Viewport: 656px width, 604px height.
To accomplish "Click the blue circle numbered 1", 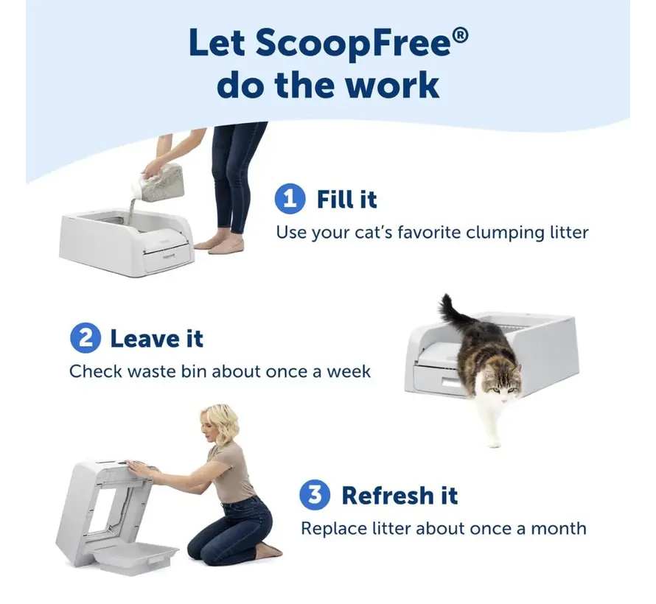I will point(290,200).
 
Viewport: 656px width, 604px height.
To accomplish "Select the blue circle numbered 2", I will point(85,339).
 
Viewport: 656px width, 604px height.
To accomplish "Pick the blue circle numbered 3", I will point(315,496).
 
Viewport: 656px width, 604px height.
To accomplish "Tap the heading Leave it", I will point(156,339).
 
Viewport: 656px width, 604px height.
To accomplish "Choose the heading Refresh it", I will point(399,496).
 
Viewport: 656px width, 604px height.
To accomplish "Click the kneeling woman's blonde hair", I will point(222,421).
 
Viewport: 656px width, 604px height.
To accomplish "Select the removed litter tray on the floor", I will point(136,558).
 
